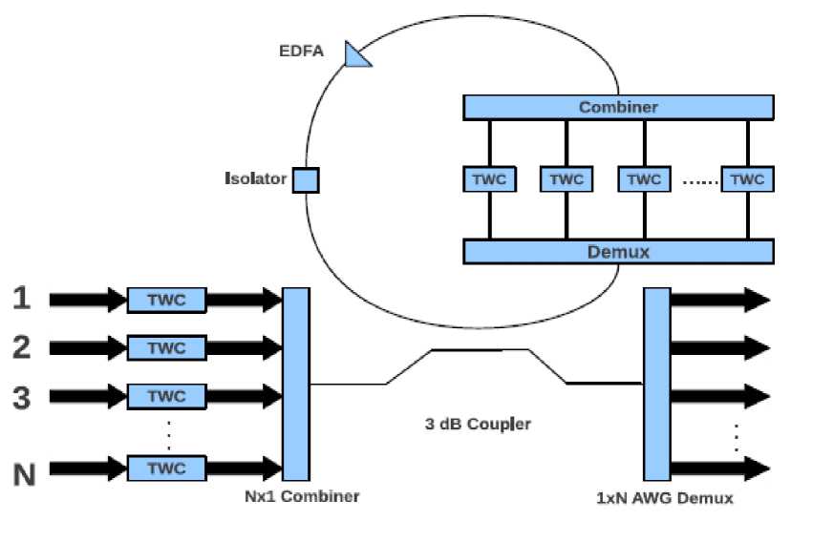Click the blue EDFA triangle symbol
(x=356, y=56)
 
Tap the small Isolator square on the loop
(x=305, y=179)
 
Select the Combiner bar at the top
(x=618, y=107)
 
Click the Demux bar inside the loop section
(x=618, y=252)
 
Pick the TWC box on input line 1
(x=167, y=300)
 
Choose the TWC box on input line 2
(x=167, y=347)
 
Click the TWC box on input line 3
(x=167, y=396)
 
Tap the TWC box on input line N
(x=167, y=468)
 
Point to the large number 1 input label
(x=22, y=299)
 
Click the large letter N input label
(x=24, y=473)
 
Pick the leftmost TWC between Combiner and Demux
(x=489, y=179)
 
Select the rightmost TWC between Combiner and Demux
(x=747, y=179)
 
